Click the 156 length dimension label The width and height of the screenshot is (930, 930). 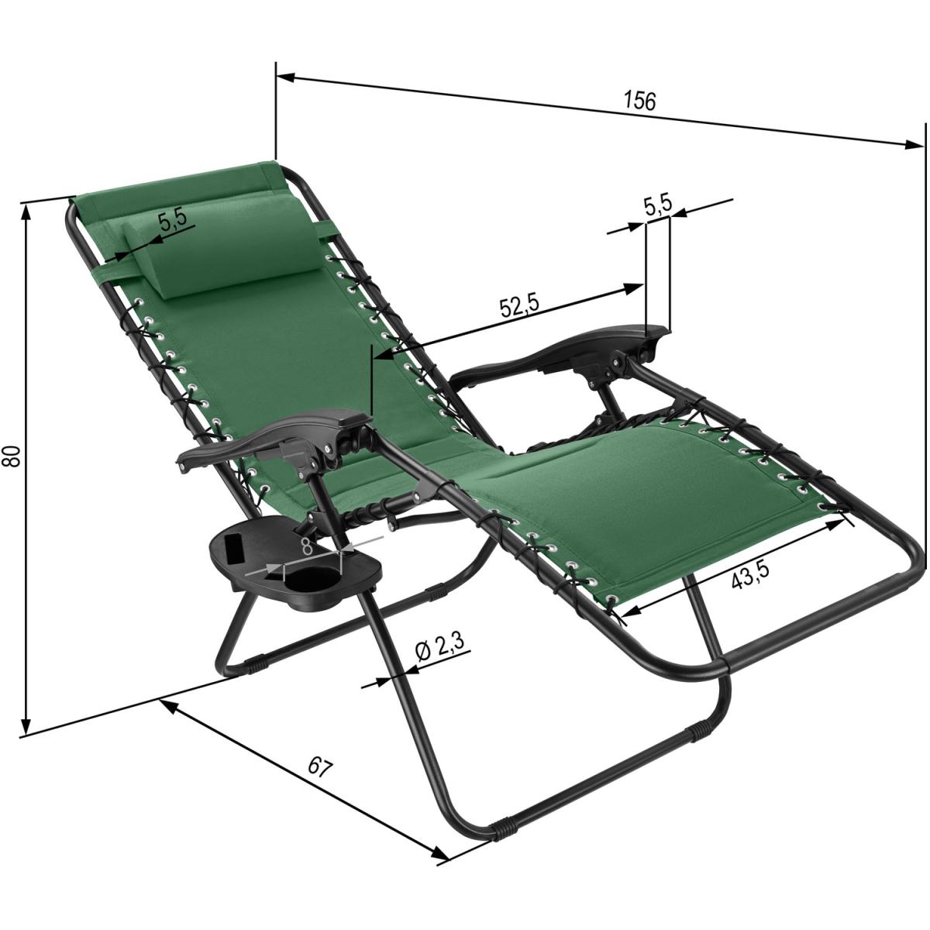coord(640,101)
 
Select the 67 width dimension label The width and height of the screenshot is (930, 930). coord(320,781)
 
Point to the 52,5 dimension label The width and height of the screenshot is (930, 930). coord(518,307)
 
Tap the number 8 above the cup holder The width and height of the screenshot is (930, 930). coord(306,547)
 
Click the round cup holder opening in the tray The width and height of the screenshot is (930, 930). coord(307,579)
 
